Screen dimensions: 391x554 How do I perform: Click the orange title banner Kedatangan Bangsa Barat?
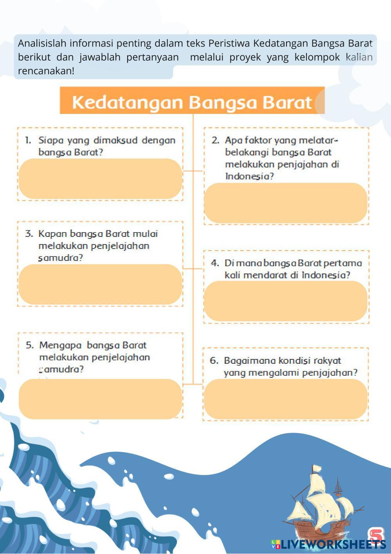192,100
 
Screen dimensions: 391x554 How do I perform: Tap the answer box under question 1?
101,179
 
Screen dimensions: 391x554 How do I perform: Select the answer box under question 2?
286,203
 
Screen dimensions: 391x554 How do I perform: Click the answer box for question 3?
101,284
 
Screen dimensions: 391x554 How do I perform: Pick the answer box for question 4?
286,301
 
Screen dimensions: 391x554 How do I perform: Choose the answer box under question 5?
101,399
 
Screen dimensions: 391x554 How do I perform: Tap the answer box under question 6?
286,399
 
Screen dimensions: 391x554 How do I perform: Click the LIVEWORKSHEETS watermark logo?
328,544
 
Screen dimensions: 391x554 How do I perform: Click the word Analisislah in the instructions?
42,43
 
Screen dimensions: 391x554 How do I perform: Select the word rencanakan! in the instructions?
46,71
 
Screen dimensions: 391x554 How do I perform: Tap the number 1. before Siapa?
28,141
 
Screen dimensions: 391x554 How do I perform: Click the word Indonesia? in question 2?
250,176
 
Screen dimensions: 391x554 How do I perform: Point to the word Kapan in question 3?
52,234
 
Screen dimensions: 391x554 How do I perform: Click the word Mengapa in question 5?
60,345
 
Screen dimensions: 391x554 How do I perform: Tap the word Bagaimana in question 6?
250,361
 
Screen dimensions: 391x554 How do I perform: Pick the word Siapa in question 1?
51,141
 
